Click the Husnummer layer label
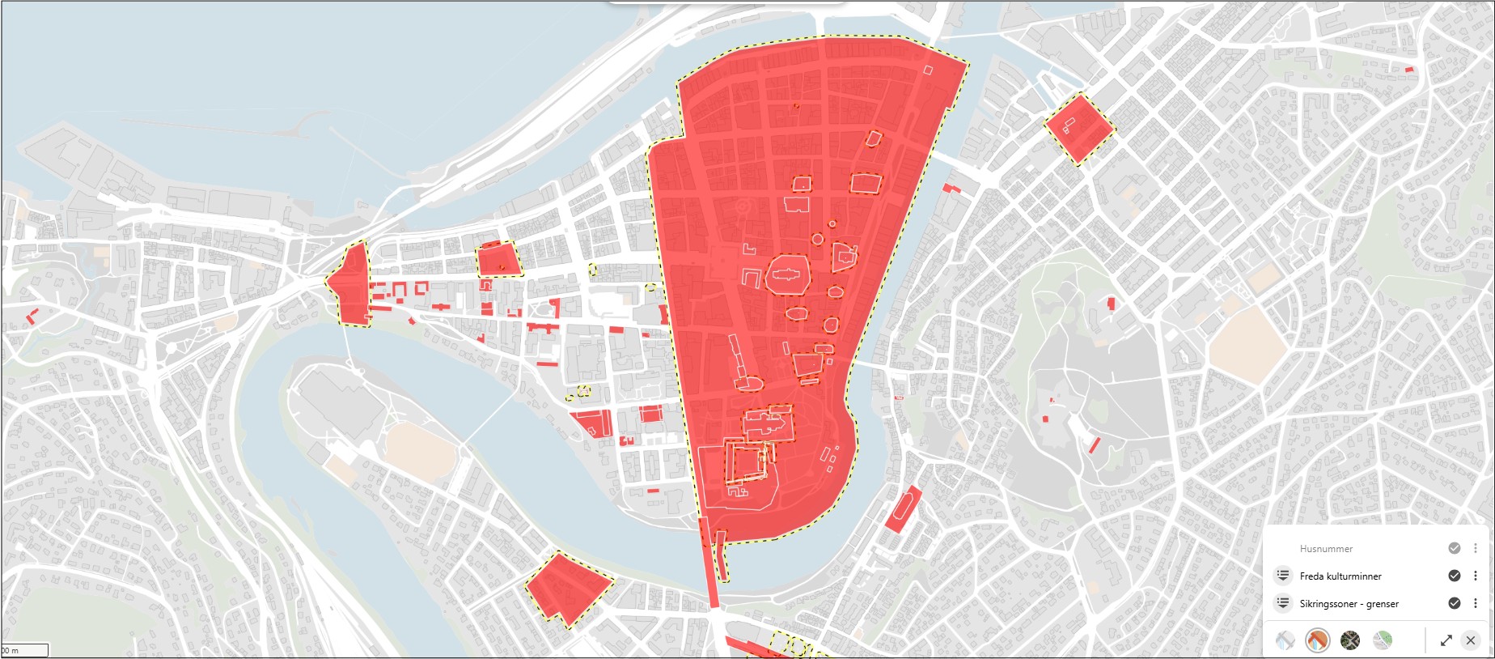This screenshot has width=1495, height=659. (1325, 549)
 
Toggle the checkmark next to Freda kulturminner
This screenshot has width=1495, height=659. (1454, 576)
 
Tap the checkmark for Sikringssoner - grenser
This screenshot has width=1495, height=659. (1454, 603)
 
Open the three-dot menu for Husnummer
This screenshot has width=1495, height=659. (1475, 548)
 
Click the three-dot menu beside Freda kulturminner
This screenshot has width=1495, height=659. (1475, 576)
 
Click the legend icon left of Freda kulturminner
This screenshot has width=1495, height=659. (1283, 576)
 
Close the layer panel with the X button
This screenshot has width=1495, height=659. (1470, 640)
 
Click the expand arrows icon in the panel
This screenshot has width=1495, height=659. (1446, 640)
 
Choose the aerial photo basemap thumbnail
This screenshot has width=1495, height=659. (1349, 640)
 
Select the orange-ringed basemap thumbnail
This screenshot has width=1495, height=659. (1317, 640)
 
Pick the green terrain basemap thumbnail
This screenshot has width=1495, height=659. (1382, 640)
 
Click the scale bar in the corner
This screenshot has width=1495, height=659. (24, 650)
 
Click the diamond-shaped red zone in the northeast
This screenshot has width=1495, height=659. (1079, 128)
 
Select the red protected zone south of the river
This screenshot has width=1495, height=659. (569, 589)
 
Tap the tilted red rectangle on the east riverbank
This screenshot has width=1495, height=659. (904, 509)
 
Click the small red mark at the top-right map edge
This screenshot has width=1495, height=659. (1409, 70)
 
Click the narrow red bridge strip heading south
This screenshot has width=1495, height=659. (709, 567)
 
